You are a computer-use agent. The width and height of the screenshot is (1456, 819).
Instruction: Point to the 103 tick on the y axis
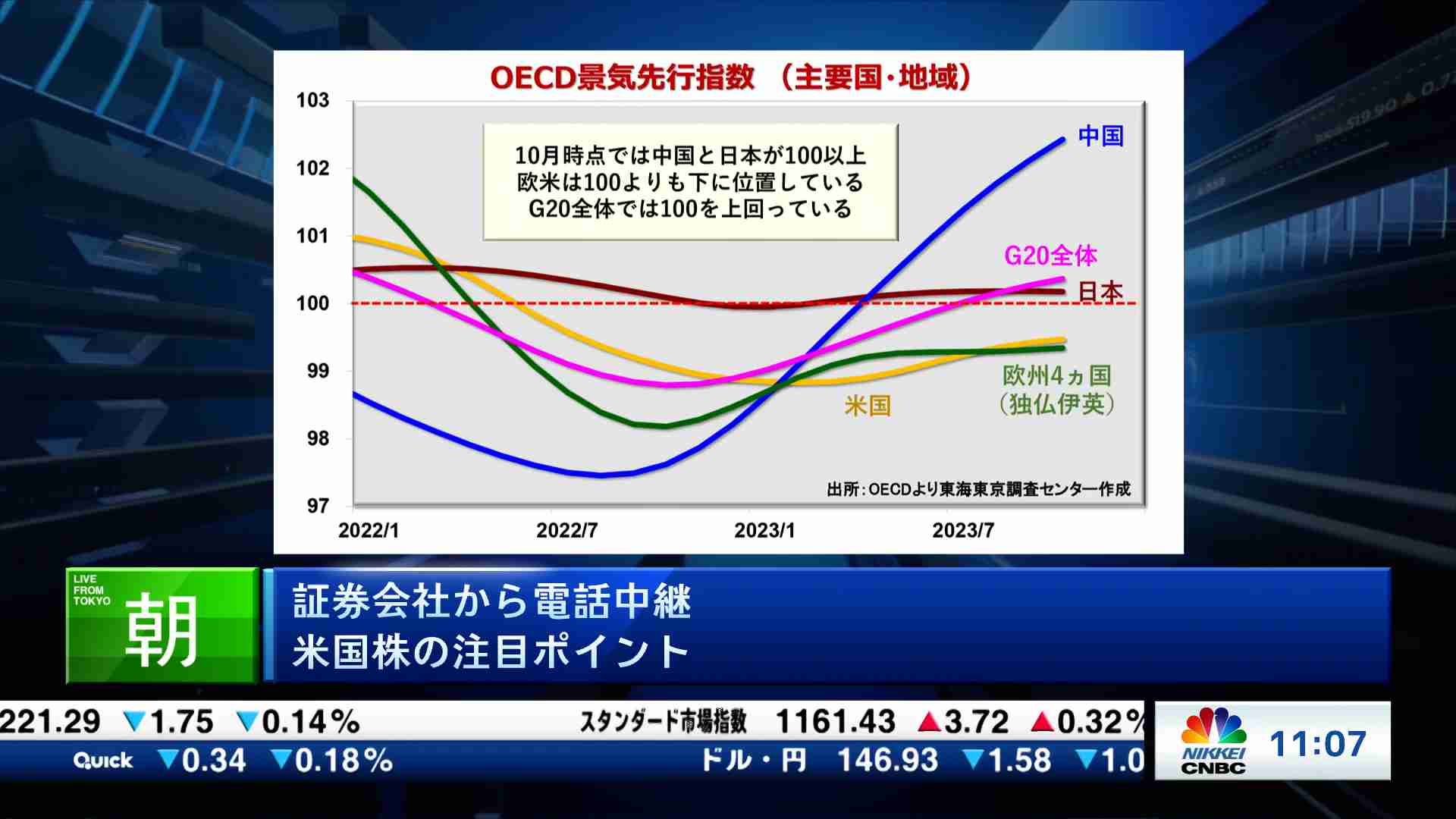[312, 100]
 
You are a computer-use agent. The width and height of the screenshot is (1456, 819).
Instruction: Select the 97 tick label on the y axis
[318, 506]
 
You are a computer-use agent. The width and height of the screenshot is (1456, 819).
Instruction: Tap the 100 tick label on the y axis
[312, 303]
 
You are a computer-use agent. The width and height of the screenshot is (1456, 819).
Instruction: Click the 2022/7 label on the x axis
[566, 531]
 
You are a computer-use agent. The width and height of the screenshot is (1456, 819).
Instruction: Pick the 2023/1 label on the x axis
[764, 531]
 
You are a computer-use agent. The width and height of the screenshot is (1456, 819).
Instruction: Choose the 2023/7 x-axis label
[963, 531]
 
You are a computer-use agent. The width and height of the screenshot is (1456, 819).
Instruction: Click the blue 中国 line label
[1100, 136]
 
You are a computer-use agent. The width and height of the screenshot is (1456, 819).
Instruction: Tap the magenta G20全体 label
[1050, 256]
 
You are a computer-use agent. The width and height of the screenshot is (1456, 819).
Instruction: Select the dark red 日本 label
[1100, 291]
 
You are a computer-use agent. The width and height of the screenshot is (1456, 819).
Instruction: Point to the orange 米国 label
[868, 406]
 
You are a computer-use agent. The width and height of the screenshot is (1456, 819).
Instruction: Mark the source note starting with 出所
[978, 489]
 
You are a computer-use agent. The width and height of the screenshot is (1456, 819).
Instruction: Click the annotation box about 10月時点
[690, 182]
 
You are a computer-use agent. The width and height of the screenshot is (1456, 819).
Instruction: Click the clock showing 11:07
[1318, 744]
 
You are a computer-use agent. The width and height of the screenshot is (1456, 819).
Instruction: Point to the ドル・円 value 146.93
[887, 760]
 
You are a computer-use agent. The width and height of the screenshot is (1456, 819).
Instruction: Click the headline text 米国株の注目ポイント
[491, 651]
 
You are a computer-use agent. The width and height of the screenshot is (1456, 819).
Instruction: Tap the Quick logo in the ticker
[103, 761]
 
